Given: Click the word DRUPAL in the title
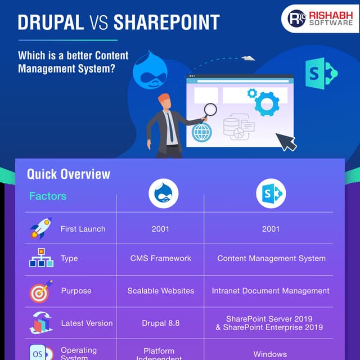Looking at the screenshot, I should coord(51,22).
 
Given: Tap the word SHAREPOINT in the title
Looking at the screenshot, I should coord(166,22).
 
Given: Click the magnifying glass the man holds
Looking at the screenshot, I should coord(210,110).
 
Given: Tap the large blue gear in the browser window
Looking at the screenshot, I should coord(267,103).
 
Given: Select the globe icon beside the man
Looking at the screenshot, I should coord(201,133).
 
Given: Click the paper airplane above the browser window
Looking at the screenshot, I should coord(247,57).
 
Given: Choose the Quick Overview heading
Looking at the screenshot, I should coord(69,174).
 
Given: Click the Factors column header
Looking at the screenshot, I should coord(48,196).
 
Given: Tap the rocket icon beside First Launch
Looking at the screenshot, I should coord(40,228).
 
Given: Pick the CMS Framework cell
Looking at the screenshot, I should coord(161,258).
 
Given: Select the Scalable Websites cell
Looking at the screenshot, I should coord(161,291).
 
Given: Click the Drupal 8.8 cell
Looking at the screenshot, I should coord(161,323).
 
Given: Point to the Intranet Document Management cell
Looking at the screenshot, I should coord(271,291).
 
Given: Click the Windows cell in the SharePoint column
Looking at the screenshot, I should coord(271,354).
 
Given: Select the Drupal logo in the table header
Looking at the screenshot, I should coord(163,194).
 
